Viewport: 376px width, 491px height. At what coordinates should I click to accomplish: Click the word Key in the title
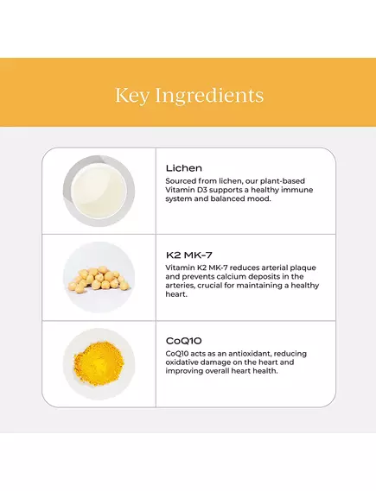point(133,94)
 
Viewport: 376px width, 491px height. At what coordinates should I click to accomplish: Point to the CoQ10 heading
point(183,341)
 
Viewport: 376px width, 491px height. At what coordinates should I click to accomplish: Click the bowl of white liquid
point(99,191)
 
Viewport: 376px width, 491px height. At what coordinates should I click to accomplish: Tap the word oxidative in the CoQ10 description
point(184,364)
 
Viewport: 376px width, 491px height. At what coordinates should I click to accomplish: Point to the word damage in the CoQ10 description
point(224,364)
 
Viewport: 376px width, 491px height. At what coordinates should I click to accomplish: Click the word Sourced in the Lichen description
point(182,180)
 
